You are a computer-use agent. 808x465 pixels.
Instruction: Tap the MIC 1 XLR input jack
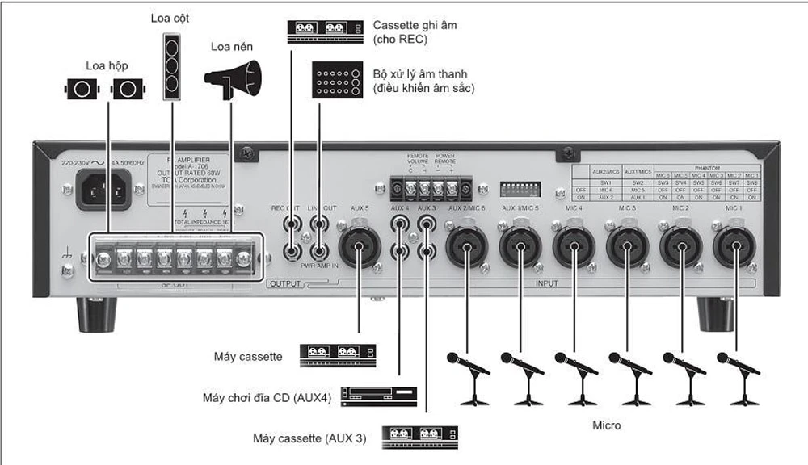pos(734,247)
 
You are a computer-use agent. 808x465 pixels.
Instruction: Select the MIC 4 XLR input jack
pos(573,247)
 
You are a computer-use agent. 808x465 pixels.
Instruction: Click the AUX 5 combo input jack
pos(360,247)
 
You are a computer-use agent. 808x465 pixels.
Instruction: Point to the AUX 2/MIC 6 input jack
pos(466,247)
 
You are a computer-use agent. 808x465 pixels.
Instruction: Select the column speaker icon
pos(170,67)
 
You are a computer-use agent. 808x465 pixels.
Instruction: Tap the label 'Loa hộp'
pos(107,65)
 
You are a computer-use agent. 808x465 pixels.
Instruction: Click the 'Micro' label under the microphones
pos(606,425)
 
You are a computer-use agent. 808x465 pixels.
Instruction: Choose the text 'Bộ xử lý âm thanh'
pos(419,74)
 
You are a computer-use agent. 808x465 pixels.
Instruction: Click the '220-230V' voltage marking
pos(79,162)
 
